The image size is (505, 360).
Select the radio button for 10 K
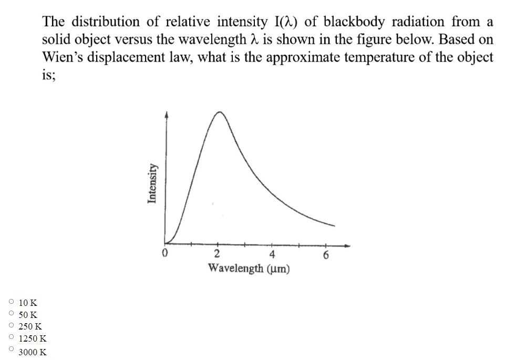click(x=11, y=302)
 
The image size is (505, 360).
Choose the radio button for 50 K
click(x=11, y=314)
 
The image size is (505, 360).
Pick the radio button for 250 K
click(x=11, y=326)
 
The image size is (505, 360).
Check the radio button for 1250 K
click(x=11, y=338)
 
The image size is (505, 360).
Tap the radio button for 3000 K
click(x=11, y=349)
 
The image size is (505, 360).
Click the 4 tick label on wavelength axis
click(x=272, y=255)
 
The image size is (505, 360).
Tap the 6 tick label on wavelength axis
click(x=326, y=256)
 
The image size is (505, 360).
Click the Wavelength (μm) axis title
click(x=249, y=269)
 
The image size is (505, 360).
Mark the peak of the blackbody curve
click(x=220, y=112)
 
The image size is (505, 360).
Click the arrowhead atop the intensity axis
click(x=167, y=113)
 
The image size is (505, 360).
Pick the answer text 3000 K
click(x=33, y=352)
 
